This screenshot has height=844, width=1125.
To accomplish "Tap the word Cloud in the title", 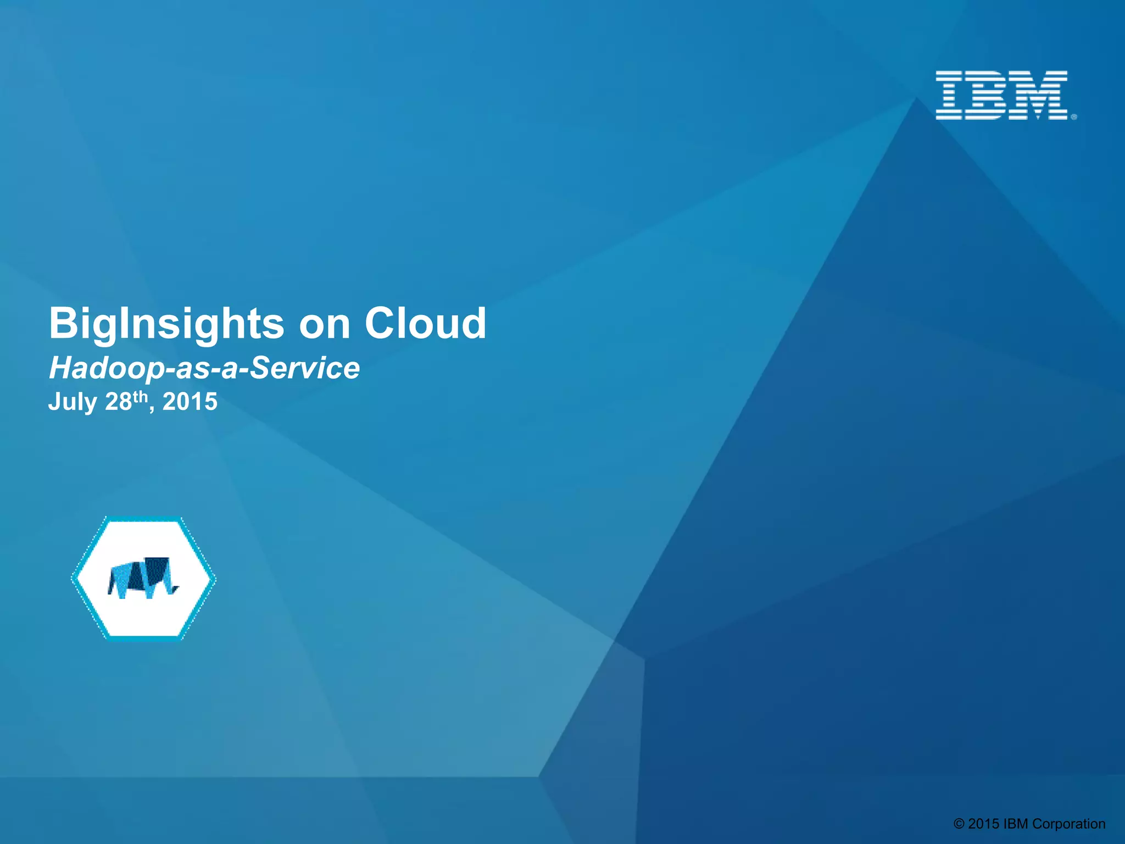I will [x=425, y=323].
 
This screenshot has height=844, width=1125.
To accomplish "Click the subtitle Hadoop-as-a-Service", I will [x=204, y=368].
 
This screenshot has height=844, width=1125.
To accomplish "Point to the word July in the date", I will [x=73, y=402].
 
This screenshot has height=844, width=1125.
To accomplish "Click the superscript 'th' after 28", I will [x=141, y=396].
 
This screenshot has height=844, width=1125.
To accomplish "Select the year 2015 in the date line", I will [x=190, y=402].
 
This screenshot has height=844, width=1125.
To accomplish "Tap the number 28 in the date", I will [x=118, y=402].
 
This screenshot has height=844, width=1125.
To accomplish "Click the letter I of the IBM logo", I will [x=949, y=95].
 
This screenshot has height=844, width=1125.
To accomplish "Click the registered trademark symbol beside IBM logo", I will [x=1074, y=116].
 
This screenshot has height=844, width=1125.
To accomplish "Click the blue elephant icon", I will [x=143, y=578].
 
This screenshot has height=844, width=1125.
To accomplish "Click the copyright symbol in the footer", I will [x=959, y=824].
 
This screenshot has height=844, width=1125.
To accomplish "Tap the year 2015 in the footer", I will [x=983, y=824].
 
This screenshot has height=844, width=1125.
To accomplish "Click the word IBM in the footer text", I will [x=1016, y=824].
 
